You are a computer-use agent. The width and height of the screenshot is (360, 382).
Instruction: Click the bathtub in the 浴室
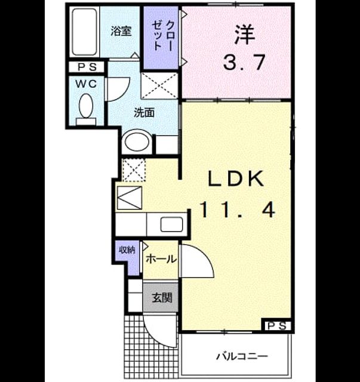coord(84,32)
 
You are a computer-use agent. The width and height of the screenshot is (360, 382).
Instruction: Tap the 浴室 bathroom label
coord(121,31)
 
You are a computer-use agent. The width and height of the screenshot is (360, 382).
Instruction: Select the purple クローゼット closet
coord(161,38)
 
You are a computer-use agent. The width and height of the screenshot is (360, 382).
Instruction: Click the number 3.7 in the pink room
coord(244,62)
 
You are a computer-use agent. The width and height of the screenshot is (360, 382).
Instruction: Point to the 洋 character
coord(245,35)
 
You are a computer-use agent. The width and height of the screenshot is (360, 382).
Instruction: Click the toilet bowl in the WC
coord(86,106)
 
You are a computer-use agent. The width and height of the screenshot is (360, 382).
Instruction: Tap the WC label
coord(86,84)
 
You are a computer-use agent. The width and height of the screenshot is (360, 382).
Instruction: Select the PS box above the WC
coord(87,67)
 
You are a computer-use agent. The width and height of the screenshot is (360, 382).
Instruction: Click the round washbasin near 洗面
coord(137,142)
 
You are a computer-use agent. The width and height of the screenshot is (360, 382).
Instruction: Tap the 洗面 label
coord(144,113)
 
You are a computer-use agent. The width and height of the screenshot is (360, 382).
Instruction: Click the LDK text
coord(236,178)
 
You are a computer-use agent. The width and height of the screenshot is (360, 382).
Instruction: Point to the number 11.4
coord(238,211)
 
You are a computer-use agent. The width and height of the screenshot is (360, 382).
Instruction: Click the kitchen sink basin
coord(171,224)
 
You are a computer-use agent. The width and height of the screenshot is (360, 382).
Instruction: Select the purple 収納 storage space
coord(127,257)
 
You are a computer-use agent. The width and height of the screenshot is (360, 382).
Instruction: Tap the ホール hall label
coord(161,259)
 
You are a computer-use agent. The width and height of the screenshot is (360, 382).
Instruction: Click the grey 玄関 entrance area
coord(161,298)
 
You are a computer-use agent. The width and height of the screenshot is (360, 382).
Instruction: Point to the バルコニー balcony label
coord(242,357)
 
